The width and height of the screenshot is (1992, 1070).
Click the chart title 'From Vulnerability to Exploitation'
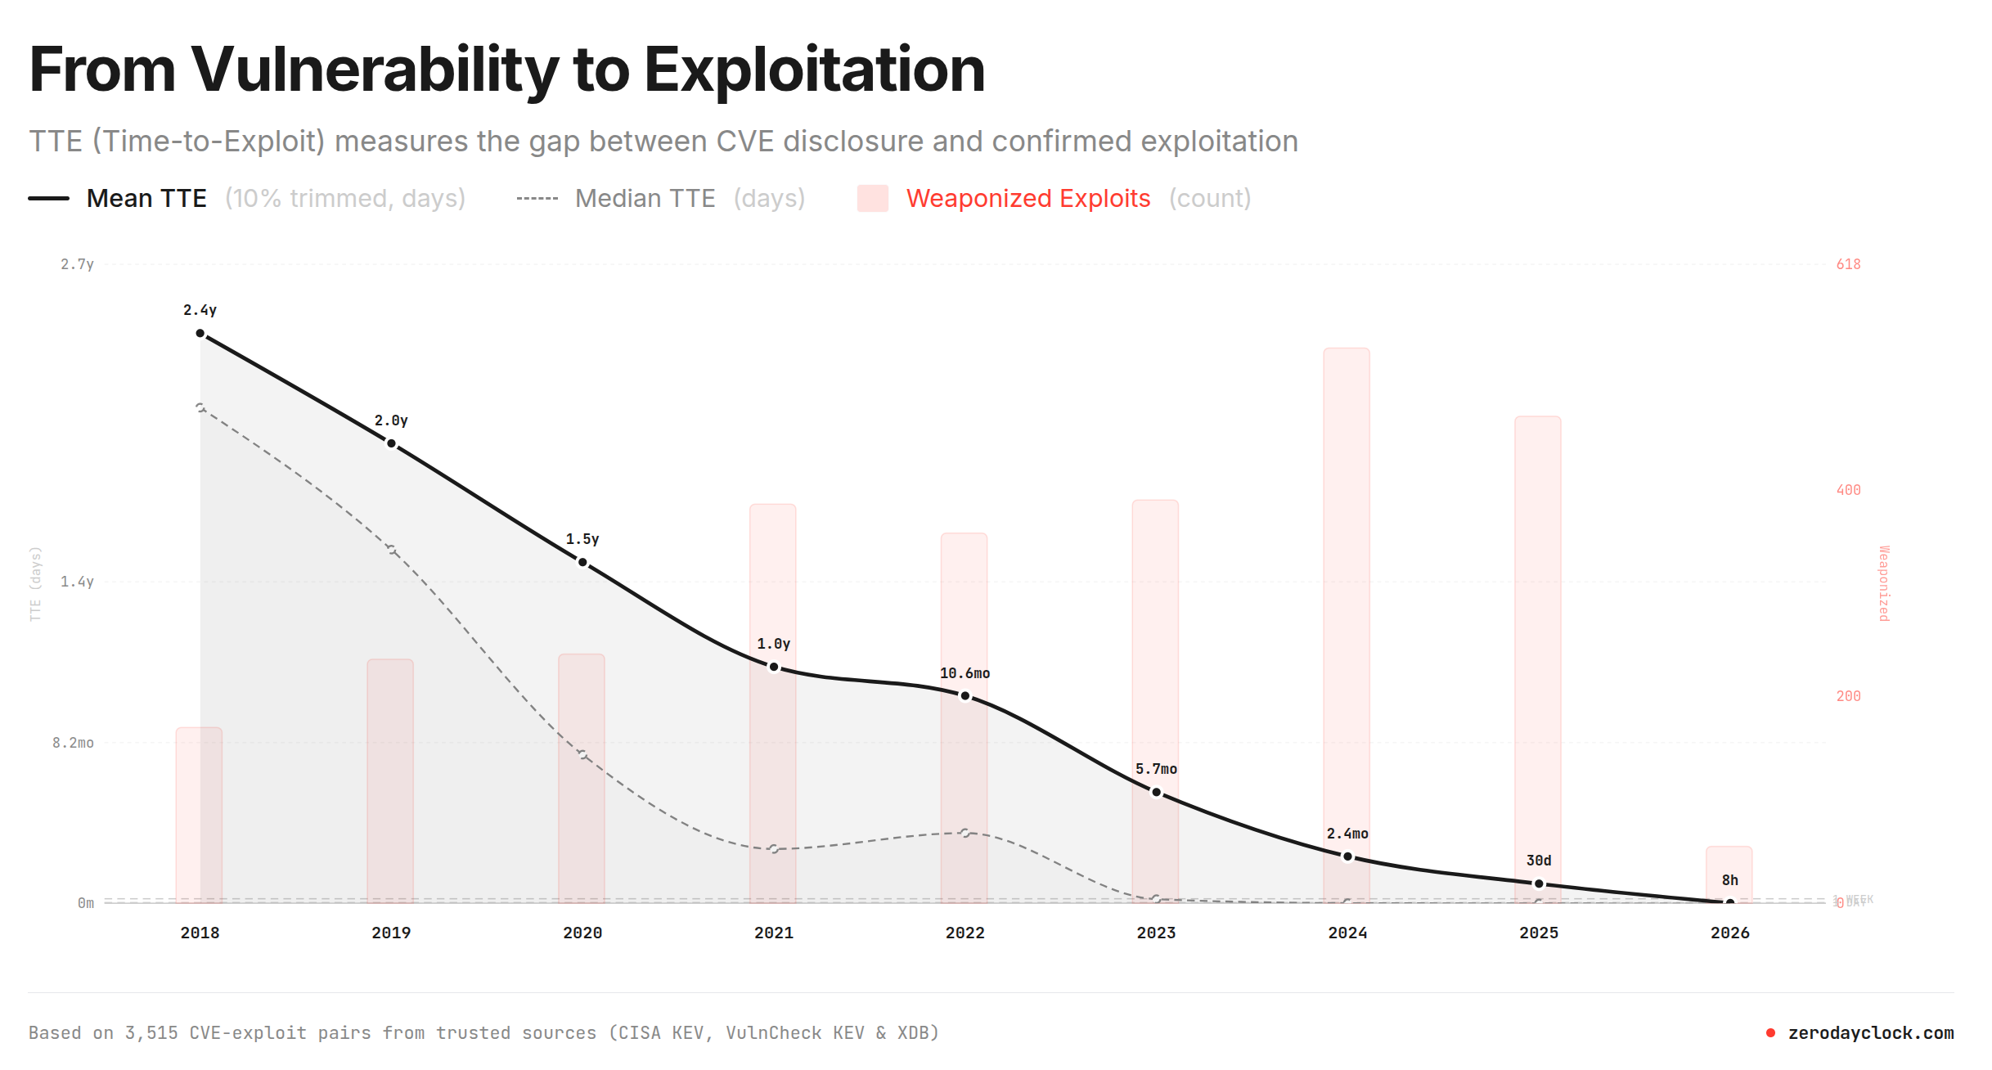coord(507,70)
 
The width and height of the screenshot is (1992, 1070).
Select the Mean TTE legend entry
coord(146,199)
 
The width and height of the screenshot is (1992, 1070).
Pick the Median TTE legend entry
coord(645,199)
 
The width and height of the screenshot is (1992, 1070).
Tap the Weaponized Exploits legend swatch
coord(872,199)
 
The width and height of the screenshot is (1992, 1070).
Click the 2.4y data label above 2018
coord(200,311)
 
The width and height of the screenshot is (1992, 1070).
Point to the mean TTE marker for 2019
coord(391,444)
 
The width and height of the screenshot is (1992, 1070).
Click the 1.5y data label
coord(582,540)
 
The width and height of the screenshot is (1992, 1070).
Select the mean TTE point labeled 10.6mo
coord(965,696)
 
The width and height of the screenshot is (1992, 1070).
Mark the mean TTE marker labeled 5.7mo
coord(1157,792)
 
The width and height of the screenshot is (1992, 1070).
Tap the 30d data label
coord(1539,861)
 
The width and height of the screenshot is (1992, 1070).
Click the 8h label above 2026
coord(1729,880)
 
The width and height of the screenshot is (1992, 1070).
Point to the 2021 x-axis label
coord(774,933)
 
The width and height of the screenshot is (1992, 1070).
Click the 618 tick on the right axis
coord(1848,264)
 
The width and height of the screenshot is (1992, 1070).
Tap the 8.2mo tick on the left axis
coord(74,743)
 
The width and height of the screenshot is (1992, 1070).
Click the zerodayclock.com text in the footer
coord(1870,1033)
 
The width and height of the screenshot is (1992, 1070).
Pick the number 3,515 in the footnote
coord(151,1033)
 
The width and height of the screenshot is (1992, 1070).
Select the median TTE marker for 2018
coord(200,407)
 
